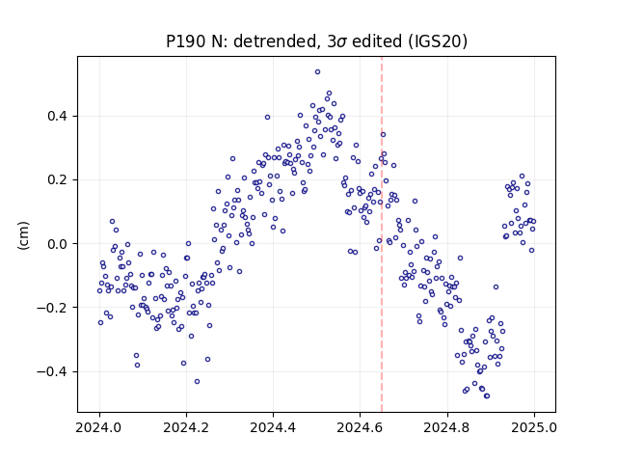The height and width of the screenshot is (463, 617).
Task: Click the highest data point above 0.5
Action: point(317,72)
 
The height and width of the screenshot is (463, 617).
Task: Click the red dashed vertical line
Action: point(382,234)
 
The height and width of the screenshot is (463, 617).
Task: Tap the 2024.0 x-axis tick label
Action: point(99,427)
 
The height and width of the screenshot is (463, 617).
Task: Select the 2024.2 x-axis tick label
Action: point(186,427)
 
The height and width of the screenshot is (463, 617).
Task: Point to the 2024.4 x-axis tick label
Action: point(273,427)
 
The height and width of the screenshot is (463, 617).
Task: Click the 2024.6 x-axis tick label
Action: point(360,427)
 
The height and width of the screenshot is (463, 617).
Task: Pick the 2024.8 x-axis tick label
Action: point(447,427)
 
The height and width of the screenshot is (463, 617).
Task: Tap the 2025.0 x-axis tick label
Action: point(534,427)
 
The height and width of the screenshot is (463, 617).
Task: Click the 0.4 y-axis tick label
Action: point(58,117)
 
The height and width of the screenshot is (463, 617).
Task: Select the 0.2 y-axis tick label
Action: point(58,180)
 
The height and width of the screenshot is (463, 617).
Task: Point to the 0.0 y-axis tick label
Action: point(58,244)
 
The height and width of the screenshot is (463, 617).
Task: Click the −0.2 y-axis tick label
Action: point(52,308)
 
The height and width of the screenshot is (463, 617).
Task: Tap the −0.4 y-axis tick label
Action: point(52,371)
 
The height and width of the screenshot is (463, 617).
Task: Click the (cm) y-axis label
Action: point(23,235)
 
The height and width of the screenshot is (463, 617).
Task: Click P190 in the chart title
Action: point(186,41)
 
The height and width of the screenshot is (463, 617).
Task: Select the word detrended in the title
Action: point(275,41)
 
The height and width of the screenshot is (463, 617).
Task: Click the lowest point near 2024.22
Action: point(197,382)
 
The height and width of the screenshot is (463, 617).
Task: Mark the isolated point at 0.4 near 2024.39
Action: point(268,118)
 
